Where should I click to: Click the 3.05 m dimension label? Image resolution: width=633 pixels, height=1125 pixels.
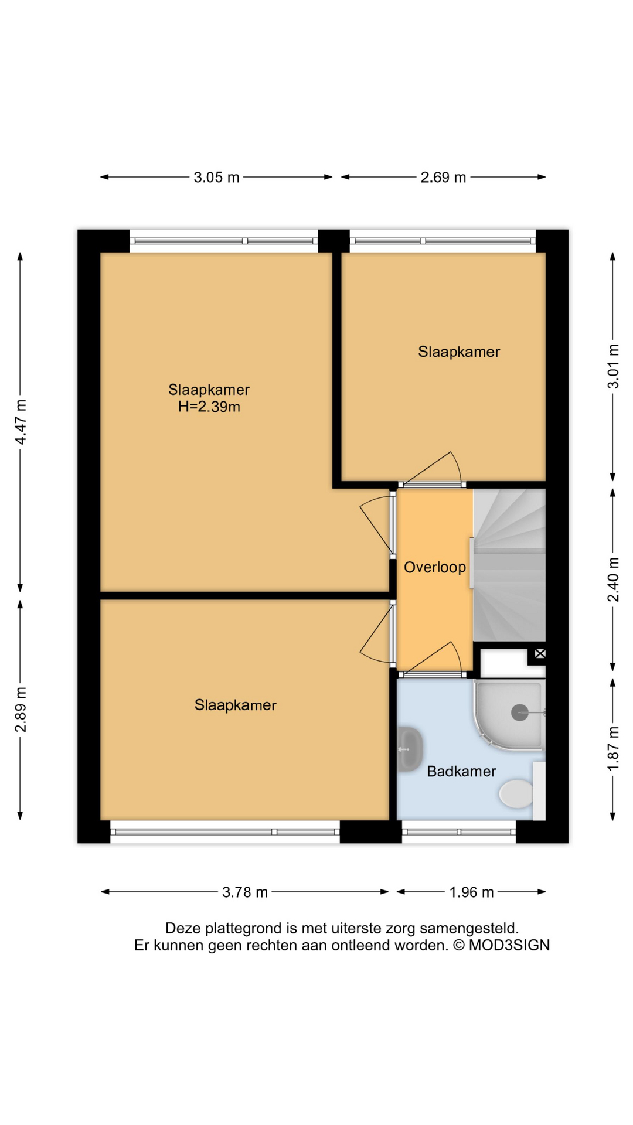tap(216, 177)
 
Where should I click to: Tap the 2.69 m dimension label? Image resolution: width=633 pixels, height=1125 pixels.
tap(443, 177)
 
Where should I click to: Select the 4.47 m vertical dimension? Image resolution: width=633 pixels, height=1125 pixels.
tap(21, 422)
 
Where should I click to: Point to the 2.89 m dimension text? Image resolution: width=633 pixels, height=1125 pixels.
tap(21, 709)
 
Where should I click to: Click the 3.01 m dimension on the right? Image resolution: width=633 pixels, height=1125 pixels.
tap(613, 366)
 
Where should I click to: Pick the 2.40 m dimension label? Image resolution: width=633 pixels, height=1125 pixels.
tap(613, 579)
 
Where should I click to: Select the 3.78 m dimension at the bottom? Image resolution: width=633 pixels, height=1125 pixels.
tap(244, 892)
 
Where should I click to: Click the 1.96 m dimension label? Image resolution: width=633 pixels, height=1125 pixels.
tap(471, 892)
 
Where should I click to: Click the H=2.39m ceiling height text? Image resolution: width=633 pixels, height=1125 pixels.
tap(209, 407)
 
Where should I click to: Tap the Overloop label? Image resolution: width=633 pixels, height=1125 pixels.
tap(435, 567)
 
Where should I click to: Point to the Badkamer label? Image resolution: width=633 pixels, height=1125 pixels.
tap(461, 772)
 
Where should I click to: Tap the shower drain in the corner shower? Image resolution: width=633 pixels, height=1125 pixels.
tap(519, 712)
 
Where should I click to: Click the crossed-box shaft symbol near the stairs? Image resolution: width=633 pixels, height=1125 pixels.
tap(540, 653)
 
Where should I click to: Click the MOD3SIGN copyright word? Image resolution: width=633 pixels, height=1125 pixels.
tap(509, 945)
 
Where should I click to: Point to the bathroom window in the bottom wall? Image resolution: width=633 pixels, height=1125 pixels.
tap(459, 832)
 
